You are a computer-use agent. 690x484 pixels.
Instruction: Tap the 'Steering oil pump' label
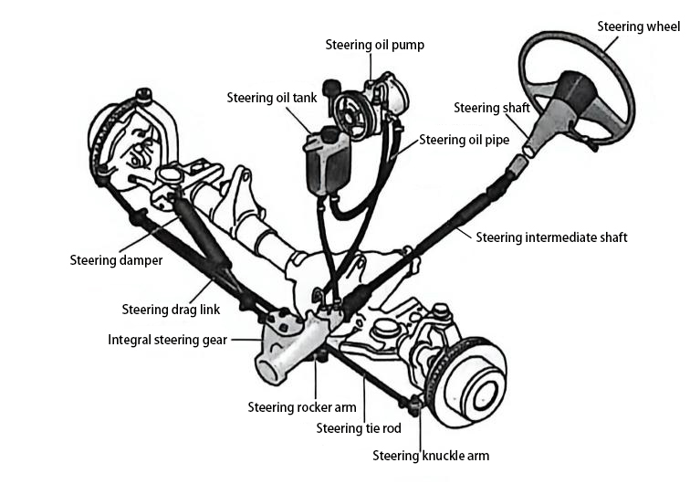tap(375, 45)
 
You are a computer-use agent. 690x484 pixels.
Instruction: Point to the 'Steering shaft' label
tap(491, 108)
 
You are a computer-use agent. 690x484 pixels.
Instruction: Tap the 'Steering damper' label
tap(116, 260)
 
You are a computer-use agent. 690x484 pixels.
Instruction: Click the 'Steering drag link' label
tap(171, 310)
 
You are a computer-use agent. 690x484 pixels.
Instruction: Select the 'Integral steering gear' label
tap(168, 340)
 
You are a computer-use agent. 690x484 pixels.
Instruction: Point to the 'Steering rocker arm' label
tap(302, 407)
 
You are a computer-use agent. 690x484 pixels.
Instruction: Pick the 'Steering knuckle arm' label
tap(431, 456)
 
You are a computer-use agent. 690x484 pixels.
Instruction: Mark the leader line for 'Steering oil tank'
tap(300, 119)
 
